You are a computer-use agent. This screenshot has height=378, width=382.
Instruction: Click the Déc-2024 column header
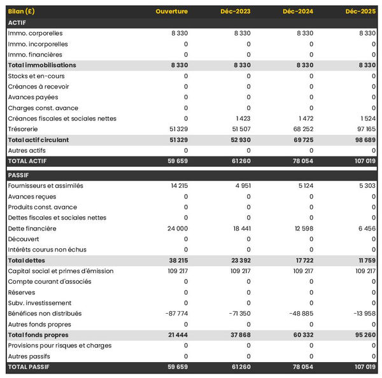coord(298,11)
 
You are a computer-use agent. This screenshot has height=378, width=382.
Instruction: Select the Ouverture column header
coord(172,11)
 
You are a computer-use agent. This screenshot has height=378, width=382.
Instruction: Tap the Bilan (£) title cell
coord(22,11)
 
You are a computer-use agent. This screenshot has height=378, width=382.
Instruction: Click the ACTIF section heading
coord(17,22)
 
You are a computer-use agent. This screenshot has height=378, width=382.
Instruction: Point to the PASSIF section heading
coord(19,175)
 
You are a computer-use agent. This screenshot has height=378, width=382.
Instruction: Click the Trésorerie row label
coord(24,129)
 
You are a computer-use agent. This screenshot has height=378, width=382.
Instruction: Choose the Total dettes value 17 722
coord(304,260)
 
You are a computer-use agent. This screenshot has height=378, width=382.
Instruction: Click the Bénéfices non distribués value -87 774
coord(174,314)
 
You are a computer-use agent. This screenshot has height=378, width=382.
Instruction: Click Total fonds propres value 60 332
coord(303,335)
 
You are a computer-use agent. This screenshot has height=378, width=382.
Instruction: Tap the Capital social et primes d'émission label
coord(60,271)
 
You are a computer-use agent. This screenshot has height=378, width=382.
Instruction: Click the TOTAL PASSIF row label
coord(29,367)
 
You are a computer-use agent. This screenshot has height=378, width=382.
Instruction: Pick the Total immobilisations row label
coord(42,65)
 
